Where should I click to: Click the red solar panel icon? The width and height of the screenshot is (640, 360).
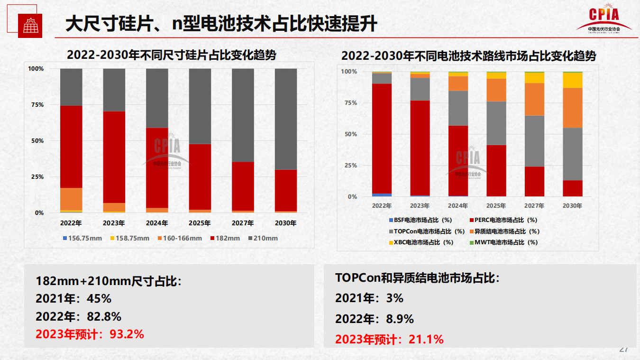pos(30,26)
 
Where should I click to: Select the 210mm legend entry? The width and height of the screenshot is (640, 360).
pos(263,238)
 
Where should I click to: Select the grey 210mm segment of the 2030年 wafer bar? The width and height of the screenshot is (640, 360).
pos(286,119)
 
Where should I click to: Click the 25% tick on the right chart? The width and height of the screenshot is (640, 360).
pos(351,166)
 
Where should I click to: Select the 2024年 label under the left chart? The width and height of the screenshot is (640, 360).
pos(157,223)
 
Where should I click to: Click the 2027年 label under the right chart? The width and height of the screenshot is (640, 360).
pos(534,206)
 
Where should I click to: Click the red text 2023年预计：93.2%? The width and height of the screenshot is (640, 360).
pos(90,334)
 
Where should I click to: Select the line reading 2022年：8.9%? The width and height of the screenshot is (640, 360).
pos(374,319)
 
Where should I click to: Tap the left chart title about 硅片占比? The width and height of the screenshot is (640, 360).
pos(171,55)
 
